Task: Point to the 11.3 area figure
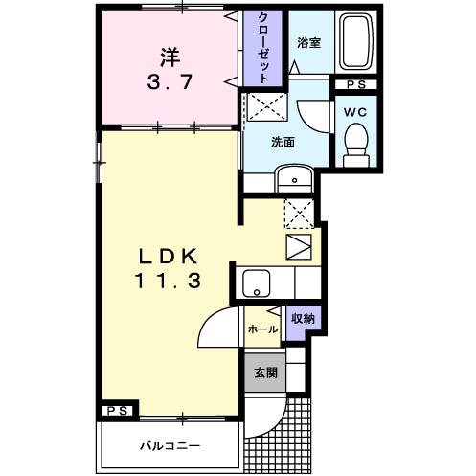coord(169,283)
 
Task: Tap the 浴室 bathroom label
coord(308,43)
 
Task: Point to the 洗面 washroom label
coord(283,142)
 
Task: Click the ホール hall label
coord(262,329)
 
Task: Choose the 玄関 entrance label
coord(264,374)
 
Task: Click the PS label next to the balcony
coord(116,412)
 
